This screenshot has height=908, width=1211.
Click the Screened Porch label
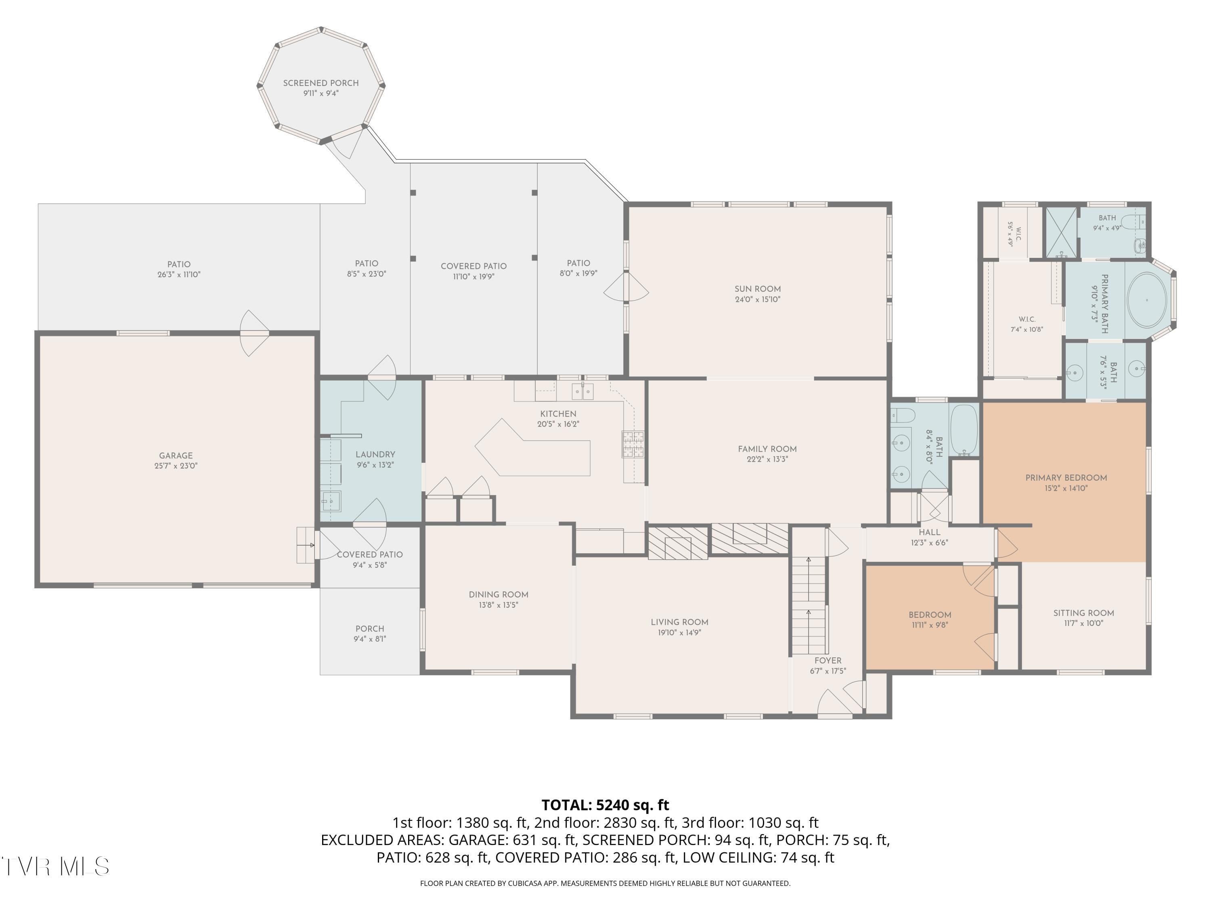point(321,83)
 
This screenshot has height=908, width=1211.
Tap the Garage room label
point(176,455)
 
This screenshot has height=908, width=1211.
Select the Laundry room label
point(375,454)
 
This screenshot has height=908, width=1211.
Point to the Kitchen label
point(558,414)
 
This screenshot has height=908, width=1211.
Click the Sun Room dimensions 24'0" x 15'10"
point(758,299)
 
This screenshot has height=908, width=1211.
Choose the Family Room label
point(767,449)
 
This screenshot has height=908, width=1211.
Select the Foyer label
point(828,661)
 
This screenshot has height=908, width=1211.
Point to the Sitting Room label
point(1083,613)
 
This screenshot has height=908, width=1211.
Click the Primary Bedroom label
point(1066,478)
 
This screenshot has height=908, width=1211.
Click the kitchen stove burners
point(633,444)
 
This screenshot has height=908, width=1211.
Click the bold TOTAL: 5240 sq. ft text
point(605,805)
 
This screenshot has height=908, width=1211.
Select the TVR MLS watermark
point(55,866)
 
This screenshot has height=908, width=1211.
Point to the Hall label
point(929,532)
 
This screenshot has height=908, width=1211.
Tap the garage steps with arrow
point(306,545)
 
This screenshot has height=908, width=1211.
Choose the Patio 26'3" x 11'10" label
point(179,269)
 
